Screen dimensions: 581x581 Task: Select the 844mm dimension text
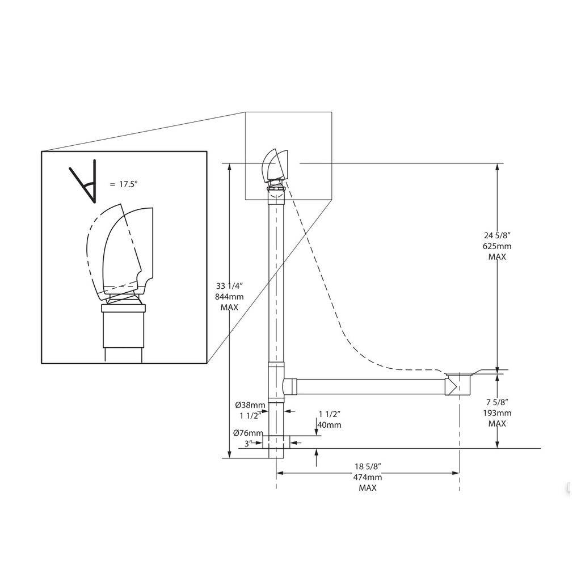coord(229,296)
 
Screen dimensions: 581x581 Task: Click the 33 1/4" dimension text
coord(229,286)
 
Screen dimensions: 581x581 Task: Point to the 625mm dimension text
coord(497,246)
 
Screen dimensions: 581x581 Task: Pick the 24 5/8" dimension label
coord(497,235)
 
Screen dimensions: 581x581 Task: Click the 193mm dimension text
coord(497,413)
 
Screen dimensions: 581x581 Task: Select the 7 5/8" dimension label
coord(497,402)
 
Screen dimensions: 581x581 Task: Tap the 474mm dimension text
coord(367,477)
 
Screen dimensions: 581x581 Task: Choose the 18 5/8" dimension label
coord(367,466)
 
